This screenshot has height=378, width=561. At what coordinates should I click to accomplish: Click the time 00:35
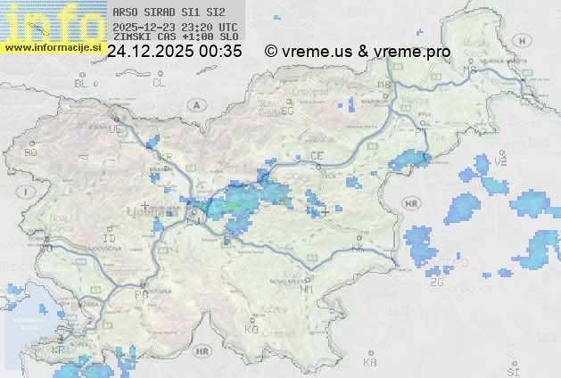220,52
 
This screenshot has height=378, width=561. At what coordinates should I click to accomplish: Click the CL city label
159,83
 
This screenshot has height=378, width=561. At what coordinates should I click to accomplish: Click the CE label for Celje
317,156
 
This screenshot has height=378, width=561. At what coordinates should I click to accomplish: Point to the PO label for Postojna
140,294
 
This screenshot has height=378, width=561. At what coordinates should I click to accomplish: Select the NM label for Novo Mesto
308,289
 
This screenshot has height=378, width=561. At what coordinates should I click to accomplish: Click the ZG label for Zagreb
436,283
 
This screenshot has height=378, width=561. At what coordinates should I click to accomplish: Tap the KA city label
370,363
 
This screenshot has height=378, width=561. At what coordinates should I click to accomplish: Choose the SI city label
512,370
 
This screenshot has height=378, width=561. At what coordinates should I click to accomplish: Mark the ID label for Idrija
110,239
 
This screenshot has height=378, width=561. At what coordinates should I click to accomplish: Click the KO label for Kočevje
252,329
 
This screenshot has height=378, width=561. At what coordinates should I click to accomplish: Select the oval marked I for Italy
28,192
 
